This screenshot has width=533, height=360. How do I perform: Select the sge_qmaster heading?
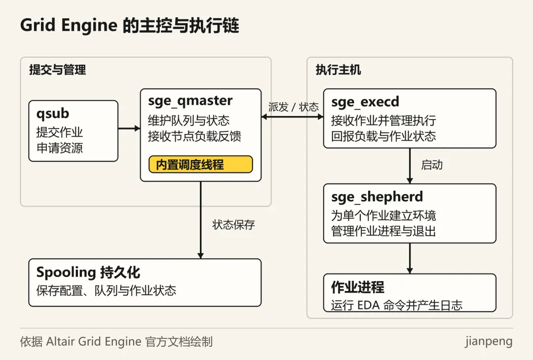(190, 101)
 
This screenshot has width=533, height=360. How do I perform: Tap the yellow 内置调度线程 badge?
(200, 164)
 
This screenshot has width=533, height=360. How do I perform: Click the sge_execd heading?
(365, 102)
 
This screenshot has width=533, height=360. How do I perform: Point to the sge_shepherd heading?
(377, 197)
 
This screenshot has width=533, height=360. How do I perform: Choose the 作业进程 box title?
(358, 287)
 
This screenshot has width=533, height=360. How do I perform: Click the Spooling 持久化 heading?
(88, 272)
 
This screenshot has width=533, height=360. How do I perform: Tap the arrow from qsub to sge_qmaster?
(129, 128)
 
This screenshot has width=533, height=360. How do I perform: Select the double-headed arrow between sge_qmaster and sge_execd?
(292, 117)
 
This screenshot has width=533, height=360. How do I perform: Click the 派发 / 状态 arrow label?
(293, 107)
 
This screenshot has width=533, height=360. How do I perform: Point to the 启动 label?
(432, 164)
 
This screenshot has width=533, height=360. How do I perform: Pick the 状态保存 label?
(233, 225)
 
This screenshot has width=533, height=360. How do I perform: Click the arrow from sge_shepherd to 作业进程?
(410, 258)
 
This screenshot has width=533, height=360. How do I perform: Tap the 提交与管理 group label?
(57, 70)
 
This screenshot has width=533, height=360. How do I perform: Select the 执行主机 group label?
(338, 70)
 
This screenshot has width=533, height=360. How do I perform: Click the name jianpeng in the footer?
(489, 341)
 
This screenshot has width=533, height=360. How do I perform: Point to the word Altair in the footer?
(60, 341)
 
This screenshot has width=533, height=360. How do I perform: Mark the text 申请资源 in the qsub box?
(60, 148)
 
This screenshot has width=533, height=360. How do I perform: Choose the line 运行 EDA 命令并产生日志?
(397, 305)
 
